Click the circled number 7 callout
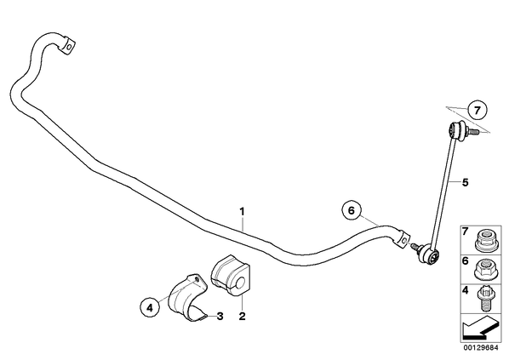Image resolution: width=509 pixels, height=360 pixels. point(478,111)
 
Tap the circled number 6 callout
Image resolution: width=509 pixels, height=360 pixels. point(352,211)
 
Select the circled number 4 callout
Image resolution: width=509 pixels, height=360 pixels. point(150,307)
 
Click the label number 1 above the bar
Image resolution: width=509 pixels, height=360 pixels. point(242,212)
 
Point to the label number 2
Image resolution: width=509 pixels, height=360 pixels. point(243,316)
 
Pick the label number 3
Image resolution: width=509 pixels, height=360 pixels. point(220,316)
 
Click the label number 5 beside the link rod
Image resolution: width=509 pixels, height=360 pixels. point(466,182)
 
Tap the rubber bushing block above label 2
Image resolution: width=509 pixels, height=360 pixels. point(232,275)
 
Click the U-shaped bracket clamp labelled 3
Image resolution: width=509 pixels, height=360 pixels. point(187,298)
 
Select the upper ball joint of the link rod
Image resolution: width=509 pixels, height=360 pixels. point(455,129)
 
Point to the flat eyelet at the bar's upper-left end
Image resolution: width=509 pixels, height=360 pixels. point(68,46)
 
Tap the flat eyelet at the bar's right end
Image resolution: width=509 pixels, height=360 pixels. point(402,239)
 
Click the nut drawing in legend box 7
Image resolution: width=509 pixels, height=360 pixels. point(484,241)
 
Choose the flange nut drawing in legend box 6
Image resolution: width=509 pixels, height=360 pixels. point(484,270)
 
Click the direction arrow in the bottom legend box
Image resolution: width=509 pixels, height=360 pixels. point(480,329)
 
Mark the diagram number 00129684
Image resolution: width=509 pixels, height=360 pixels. point(481,348)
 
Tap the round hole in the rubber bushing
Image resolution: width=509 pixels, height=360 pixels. point(239,283)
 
